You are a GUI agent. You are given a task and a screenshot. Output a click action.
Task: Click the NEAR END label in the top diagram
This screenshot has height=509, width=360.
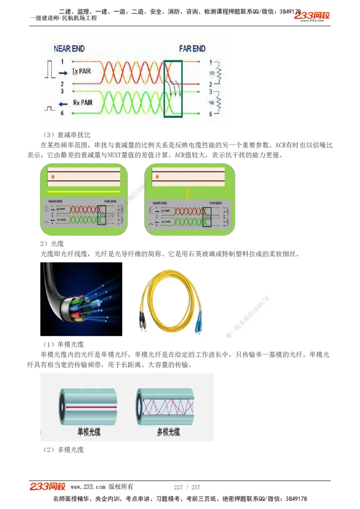point(69,49)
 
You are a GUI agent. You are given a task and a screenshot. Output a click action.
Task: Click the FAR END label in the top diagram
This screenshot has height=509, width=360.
point(192,49)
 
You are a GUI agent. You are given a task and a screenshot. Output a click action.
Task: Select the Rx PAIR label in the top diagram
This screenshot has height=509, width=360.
point(82,103)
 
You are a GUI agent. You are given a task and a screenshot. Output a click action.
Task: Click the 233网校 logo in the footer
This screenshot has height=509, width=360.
point(48,487)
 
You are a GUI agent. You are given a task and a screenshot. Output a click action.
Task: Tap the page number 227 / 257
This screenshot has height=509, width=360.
point(187,487)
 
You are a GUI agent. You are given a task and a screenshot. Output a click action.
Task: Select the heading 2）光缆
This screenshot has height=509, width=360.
point(52,244)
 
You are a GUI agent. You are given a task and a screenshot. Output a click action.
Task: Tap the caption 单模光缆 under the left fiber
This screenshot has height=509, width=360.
point(89,432)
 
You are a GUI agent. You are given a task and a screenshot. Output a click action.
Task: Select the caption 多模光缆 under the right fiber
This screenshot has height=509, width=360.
point(168,432)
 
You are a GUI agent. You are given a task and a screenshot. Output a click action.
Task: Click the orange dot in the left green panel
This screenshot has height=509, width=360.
point(53,176)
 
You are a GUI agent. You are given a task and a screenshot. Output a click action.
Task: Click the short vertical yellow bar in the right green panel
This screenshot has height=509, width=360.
point(188,192)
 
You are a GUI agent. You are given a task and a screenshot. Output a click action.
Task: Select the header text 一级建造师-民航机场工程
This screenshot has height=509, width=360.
point(63,18)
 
